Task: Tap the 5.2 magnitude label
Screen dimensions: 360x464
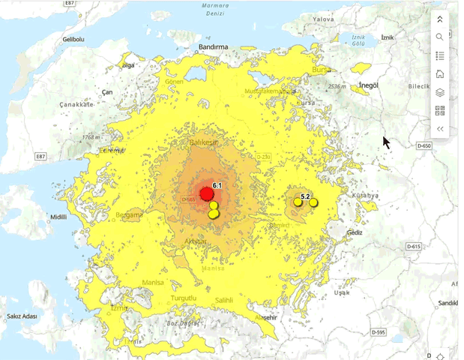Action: point(305,196)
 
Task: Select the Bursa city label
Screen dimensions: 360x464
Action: point(321,70)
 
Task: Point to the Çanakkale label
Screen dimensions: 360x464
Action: point(77,105)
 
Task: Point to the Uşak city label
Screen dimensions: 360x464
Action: point(342,292)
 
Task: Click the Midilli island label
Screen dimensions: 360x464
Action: point(58,217)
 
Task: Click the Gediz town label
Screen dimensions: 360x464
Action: point(354,232)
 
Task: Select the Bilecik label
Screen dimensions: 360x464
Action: point(418,86)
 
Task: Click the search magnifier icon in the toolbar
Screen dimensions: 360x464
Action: point(440,37)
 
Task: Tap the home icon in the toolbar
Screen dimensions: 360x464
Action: point(440,73)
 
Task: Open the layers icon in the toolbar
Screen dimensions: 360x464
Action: point(440,92)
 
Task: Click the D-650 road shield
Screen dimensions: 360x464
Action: point(424,145)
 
